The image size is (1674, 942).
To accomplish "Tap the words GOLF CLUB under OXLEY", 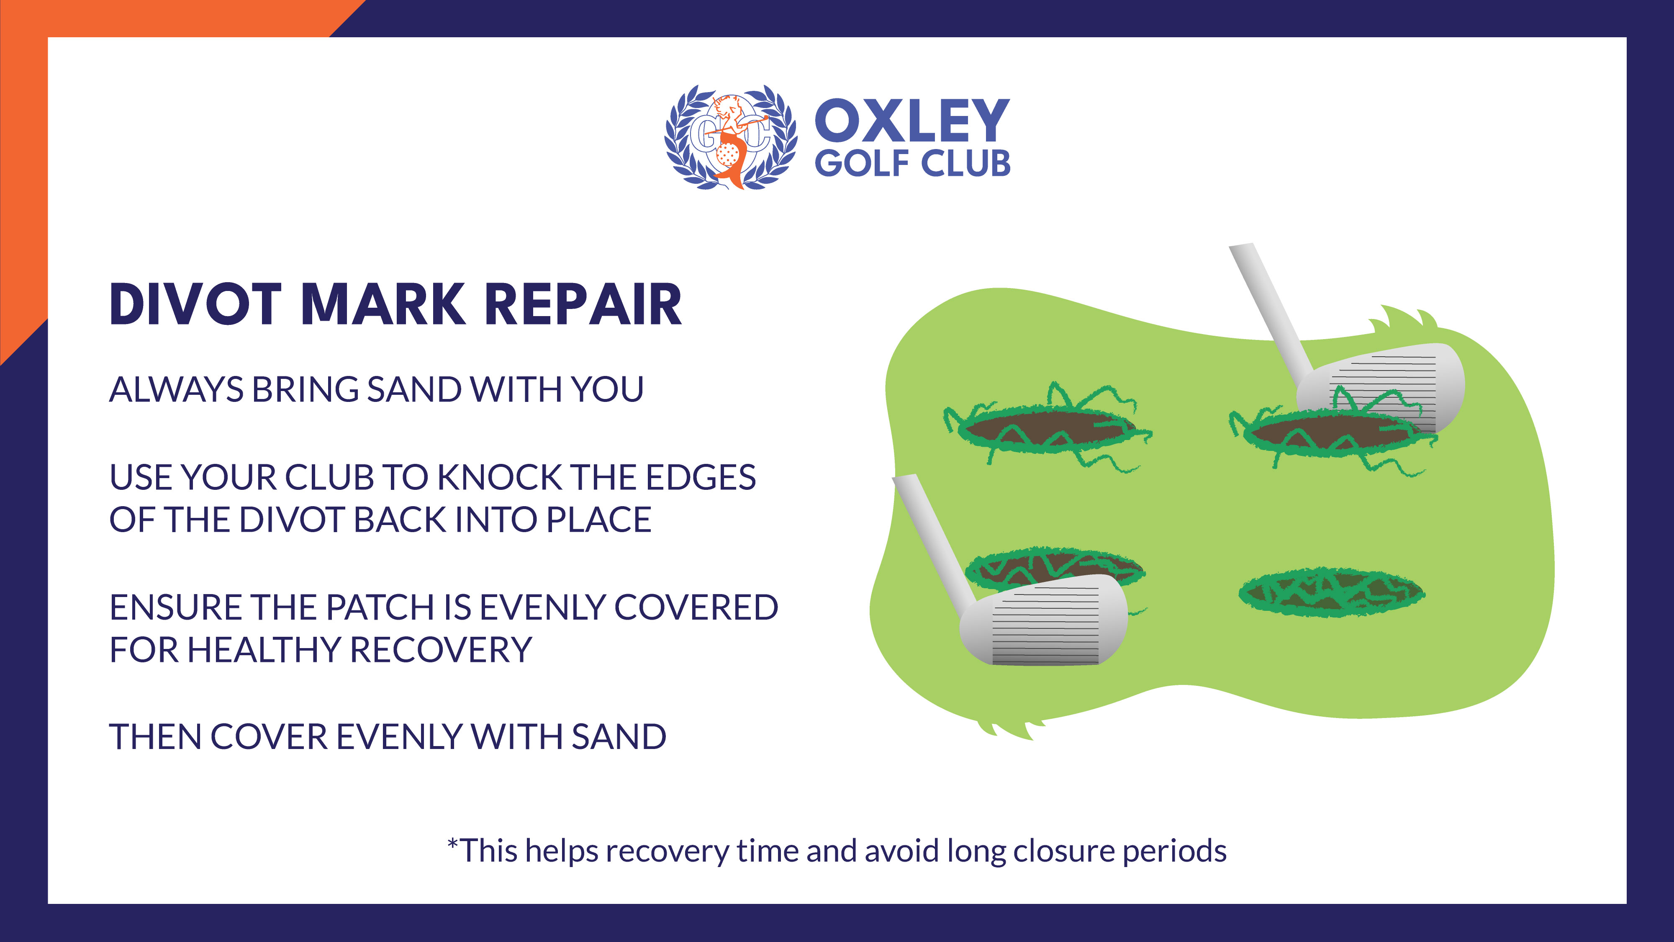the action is click(912, 163).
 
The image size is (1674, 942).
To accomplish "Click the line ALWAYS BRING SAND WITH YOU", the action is click(376, 389).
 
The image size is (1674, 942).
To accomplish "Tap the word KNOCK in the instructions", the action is click(500, 477).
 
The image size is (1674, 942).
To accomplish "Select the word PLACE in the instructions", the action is click(598, 520).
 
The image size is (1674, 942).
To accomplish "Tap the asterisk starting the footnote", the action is click(452, 844).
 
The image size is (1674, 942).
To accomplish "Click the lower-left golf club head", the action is click(1044, 620).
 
